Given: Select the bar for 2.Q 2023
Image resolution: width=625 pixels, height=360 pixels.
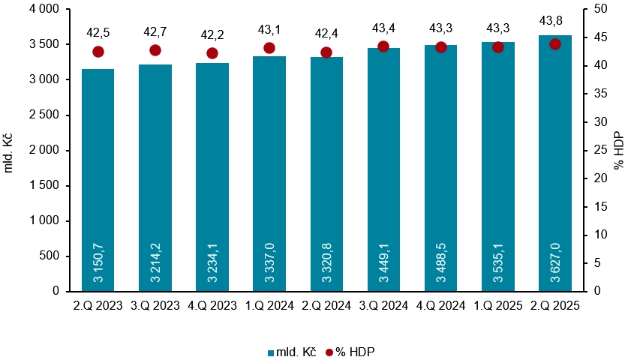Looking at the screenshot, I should [98, 180].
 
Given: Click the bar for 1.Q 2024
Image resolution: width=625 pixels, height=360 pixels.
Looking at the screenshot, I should [269, 172].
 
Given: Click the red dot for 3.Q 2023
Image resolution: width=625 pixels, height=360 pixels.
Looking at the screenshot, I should [155, 50].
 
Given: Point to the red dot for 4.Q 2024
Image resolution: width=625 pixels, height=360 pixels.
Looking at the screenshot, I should [441, 47].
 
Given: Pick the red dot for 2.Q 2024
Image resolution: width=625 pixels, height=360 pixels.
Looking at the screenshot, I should [326, 52].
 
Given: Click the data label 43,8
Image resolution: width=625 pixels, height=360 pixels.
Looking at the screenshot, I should [555, 21].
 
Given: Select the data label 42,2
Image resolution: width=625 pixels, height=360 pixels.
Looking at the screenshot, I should [212, 34].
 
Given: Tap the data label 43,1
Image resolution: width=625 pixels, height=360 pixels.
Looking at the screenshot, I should [269, 30].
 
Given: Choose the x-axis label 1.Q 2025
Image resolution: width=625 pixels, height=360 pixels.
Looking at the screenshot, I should [498, 306].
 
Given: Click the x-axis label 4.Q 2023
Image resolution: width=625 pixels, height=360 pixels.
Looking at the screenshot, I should [212, 306].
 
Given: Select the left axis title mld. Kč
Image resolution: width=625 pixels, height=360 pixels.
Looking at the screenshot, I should [10, 150].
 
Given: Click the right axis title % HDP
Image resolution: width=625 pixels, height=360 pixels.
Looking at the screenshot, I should [617, 150].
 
